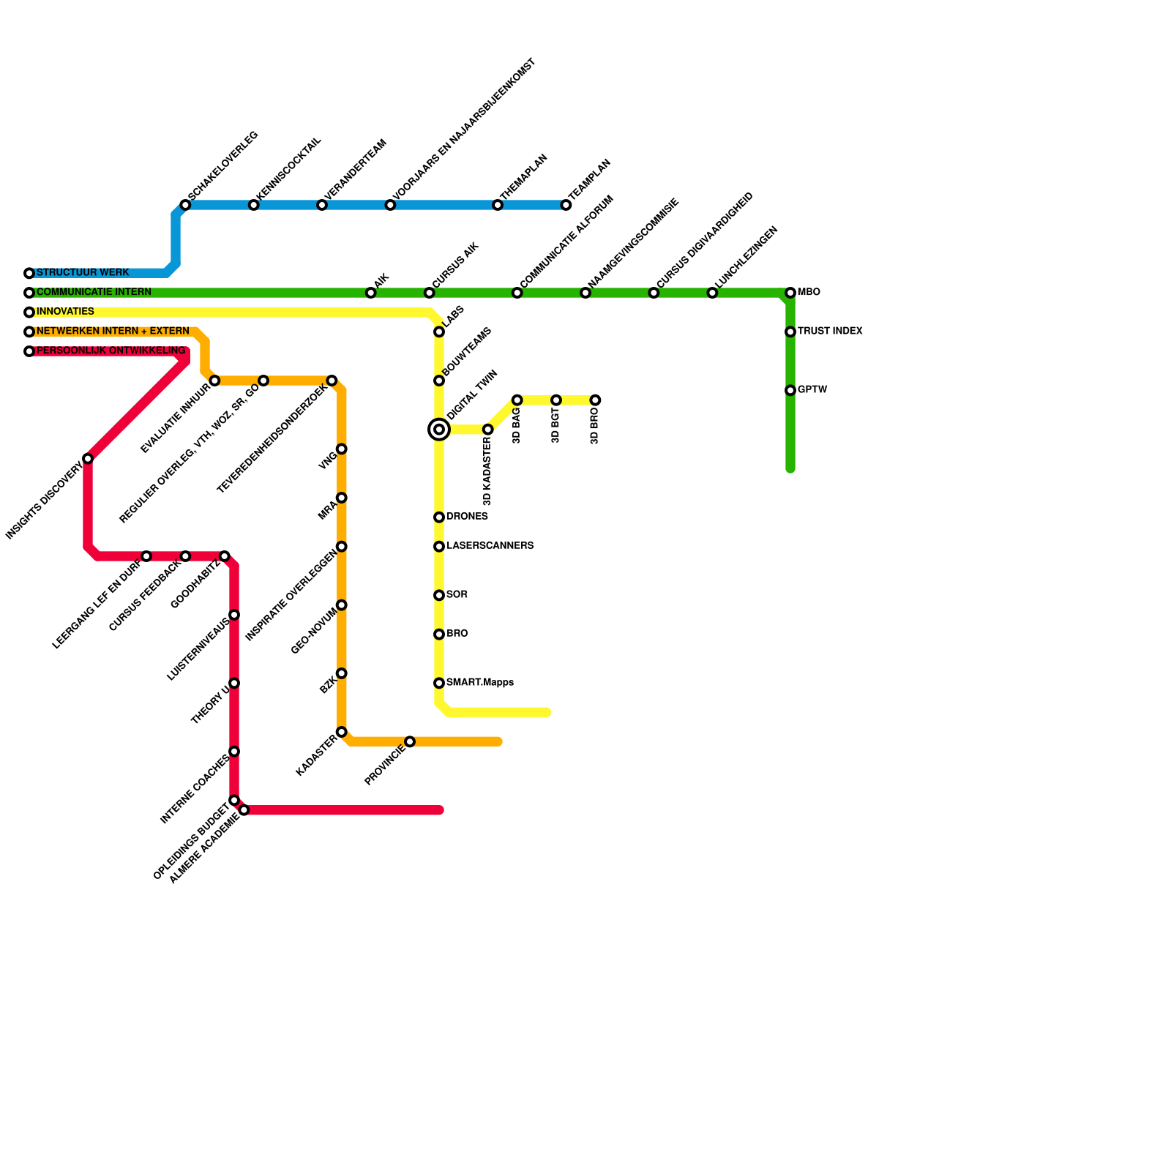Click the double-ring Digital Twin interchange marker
[439, 430]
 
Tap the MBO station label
[809, 293]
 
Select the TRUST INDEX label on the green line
[830, 332]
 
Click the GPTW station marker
[790, 391]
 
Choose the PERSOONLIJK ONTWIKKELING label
[111, 351]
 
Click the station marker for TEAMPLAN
[566, 205]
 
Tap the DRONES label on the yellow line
[467, 517]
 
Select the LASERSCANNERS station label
[490, 546]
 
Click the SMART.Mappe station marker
[439, 684]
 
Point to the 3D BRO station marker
[596, 400]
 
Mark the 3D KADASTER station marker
[488, 430]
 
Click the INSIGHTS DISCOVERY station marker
[88, 459]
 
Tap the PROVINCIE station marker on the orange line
[410, 742]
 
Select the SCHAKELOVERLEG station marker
[185, 205]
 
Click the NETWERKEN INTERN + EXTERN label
[113, 332]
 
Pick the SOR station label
[457, 595]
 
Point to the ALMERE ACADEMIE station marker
[244, 810]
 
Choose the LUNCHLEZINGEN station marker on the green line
[712, 293]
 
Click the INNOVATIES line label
[65, 312]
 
